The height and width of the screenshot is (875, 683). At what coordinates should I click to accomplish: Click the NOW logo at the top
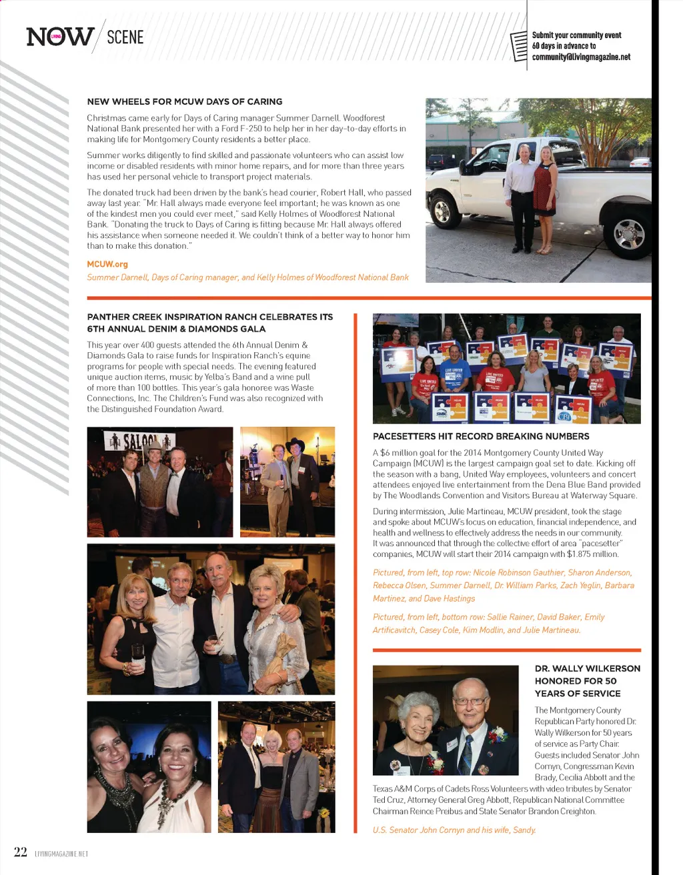pyautogui.click(x=59, y=36)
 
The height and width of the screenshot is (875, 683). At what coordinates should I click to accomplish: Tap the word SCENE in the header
pyautogui.click(x=125, y=37)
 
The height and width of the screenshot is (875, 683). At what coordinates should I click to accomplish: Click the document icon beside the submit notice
pyautogui.click(x=519, y=46)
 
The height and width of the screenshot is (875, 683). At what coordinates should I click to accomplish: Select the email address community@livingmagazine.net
pyautogui.click(x=581, y=57)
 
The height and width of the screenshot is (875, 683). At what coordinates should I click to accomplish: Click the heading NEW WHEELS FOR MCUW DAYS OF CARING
pyautogui.click(x=185, y=101)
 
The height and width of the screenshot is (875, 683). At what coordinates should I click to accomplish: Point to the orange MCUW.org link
pyautogui.click(x=107, y=264)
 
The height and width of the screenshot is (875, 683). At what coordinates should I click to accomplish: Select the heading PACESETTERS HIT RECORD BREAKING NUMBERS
pyautogui.click(x=481, y=436)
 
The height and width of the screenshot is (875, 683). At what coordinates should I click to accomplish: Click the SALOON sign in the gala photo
pyautogui.click(x=139, y=440)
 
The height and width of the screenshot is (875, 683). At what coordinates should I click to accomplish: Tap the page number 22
pyautogui.click(x=21, y=852)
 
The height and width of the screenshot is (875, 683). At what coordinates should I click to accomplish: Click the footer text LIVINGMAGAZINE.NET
pyautogui.click(x=61, y=854)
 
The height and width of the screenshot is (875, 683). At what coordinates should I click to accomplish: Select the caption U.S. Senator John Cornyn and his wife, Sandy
pyautogui.click(x=454, y=830)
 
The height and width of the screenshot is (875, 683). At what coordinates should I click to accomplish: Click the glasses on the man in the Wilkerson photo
pyautogui.click(x=470, y=701)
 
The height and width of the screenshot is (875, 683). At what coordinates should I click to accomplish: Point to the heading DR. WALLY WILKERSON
pyautogui.click(x=587, y=668)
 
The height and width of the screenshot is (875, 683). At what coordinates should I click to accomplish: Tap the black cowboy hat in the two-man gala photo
pyautogui.click(x=294, y=444)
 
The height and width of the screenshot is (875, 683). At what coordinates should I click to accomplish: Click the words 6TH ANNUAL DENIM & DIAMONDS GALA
pyautogui.click(x=176, y=329)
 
